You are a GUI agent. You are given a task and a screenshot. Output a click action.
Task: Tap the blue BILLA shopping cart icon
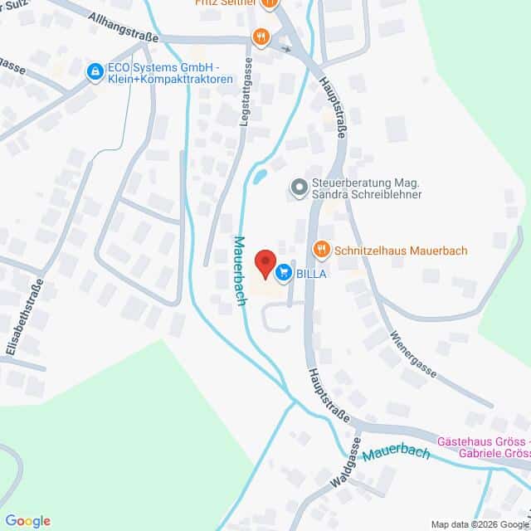[284, 271]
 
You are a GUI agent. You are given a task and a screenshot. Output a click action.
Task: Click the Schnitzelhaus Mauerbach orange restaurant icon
[321, 249]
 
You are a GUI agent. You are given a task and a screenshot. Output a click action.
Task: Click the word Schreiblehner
[384, 194]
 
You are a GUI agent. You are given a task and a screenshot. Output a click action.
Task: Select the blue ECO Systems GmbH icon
[95, 72]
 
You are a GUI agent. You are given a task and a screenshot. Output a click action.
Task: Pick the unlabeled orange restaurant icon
[261, 36]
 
